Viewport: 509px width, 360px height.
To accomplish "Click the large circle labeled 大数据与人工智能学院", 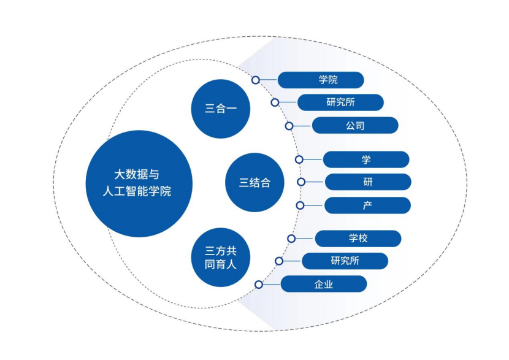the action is (139, 184).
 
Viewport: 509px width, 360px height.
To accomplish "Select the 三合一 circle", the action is (221, 109).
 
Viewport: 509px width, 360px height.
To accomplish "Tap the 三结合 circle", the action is (255, 182).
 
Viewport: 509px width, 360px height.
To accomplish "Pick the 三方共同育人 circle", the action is (221, 258).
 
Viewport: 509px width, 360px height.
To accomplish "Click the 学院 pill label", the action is (321, 80).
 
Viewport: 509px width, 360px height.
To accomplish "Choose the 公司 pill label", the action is (355, 125).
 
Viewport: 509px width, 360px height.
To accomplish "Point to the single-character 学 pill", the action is (366, 159).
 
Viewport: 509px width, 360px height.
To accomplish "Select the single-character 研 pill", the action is (368, 182).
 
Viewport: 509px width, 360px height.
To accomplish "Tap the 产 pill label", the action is (367, 205).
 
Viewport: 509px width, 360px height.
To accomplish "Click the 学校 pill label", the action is (358, 239).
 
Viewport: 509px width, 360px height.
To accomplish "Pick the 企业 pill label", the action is (324, 284).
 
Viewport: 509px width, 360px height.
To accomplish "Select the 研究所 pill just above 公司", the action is (340, 102).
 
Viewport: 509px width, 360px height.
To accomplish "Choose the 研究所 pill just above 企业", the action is (345, 261).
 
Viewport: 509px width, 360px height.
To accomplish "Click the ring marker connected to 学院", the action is (256, 80).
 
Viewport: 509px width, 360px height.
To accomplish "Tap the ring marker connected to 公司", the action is (289, 126).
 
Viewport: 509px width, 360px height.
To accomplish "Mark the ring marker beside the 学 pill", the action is (299, 159).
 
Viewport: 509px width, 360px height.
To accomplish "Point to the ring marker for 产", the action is (300, 205).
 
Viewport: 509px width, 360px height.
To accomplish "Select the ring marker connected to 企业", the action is (259, 285).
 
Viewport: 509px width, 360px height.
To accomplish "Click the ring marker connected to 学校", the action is (291, 239).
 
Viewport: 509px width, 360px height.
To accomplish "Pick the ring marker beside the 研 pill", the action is (301, 182).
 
